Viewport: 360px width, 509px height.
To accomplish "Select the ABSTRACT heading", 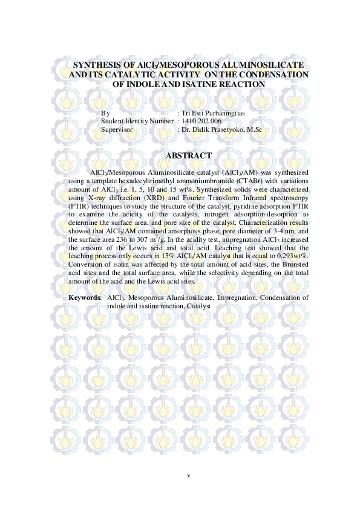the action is pyautogui.click(x=188, y=156).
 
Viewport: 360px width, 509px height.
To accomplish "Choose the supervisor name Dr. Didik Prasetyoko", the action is pyautogui.click(x=214, y=129).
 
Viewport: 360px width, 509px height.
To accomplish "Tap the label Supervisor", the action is pyautogui.click(x=117, y=129).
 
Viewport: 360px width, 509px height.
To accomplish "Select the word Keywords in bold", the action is pyautogui.click(x=84, y=297).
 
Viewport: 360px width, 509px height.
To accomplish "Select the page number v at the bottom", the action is pyautogui.click(x=189, y=475).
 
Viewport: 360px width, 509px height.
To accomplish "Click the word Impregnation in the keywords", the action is pyautogui.click(x=237, y=297).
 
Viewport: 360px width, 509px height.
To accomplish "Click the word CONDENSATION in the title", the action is pyautogui.click(x=269, y=74).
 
